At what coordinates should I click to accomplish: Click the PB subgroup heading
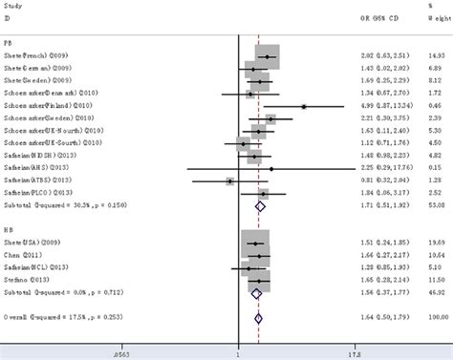tap(9, 41)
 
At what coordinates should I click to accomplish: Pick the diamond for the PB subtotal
tap(259, 204)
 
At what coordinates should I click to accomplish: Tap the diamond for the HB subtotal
tap(255, 293)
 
